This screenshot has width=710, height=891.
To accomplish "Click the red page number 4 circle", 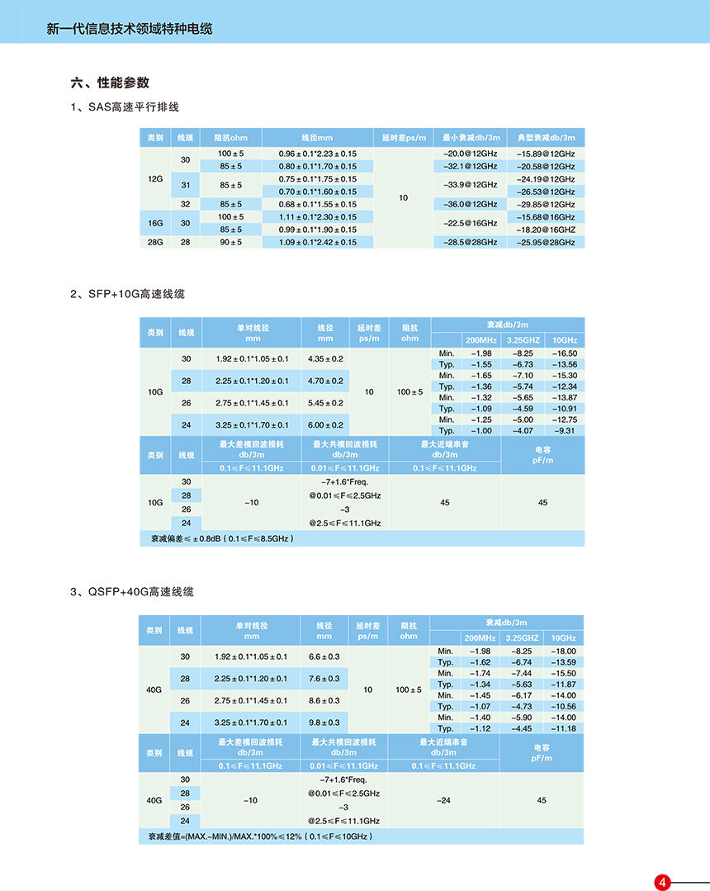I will tap(662, 882).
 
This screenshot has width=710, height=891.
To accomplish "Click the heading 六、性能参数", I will tap(110, 83).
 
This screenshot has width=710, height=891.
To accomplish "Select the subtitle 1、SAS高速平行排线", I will tap(125, 107).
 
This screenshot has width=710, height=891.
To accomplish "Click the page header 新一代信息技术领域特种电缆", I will tap(130, 29).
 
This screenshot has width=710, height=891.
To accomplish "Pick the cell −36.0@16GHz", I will tap(470, 204).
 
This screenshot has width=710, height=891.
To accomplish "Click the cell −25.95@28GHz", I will tap(545, 242).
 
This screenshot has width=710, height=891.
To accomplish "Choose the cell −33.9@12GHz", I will tap(470, 185).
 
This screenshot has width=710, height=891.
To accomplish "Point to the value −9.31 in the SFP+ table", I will tap(565, 430).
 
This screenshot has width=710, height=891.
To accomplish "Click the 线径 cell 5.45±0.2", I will tap(325, 403).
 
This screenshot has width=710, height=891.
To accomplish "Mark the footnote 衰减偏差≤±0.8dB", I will tap(221, 538).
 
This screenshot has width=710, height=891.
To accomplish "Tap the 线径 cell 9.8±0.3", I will tap(324, 723).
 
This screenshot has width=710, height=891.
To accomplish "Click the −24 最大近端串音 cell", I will tap(443, 800).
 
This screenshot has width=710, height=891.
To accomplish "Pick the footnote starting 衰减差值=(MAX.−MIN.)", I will tap(260, 836).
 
